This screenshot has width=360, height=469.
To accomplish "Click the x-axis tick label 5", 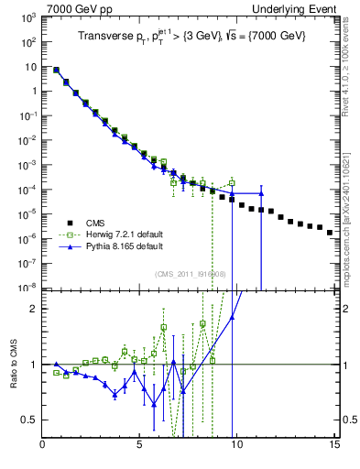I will point(139,448).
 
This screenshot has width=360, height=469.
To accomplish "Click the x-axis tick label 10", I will point(236,448).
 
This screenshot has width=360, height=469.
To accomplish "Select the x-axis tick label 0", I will point(43,448).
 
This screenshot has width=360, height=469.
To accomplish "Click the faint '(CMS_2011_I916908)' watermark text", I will point(190,274).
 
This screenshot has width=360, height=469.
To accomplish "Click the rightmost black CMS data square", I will point(330,233).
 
